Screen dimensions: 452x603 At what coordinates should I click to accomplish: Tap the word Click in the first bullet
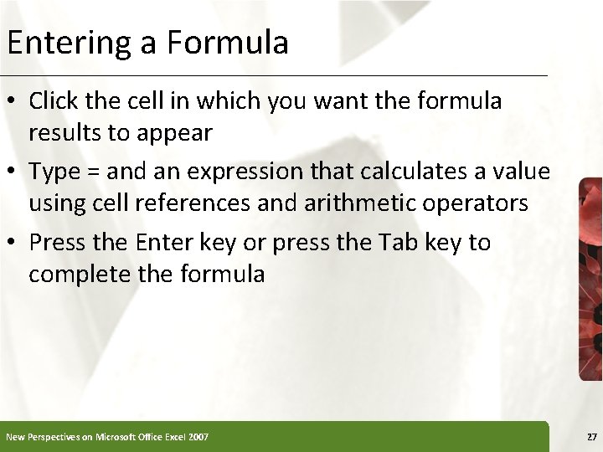(x=52, y=101)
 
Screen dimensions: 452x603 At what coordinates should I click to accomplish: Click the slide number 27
(x=592, y=437)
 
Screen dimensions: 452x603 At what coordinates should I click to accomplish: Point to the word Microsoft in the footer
(x=121, y=437)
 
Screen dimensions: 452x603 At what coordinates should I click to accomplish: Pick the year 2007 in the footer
(x=198, y=437)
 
